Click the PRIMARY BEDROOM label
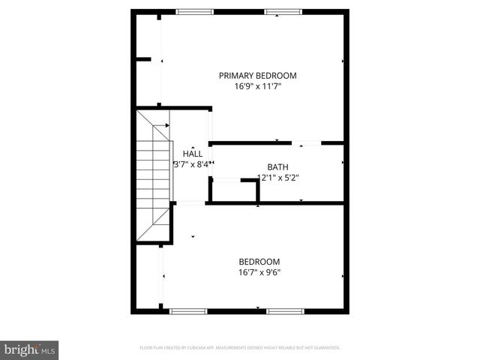coord(257,75)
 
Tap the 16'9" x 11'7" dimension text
coord(257,86)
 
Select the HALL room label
coord(193,154)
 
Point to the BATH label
coord(277,166)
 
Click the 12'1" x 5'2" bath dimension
coord(277,178)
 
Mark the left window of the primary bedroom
coord(194,11)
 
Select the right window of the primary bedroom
coord(283,11)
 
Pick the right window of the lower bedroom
coord(286,310)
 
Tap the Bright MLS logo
coord(30,349)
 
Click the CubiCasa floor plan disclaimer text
coord(240,348)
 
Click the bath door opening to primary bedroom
coord(307,142)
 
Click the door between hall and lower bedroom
coord(190,202)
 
